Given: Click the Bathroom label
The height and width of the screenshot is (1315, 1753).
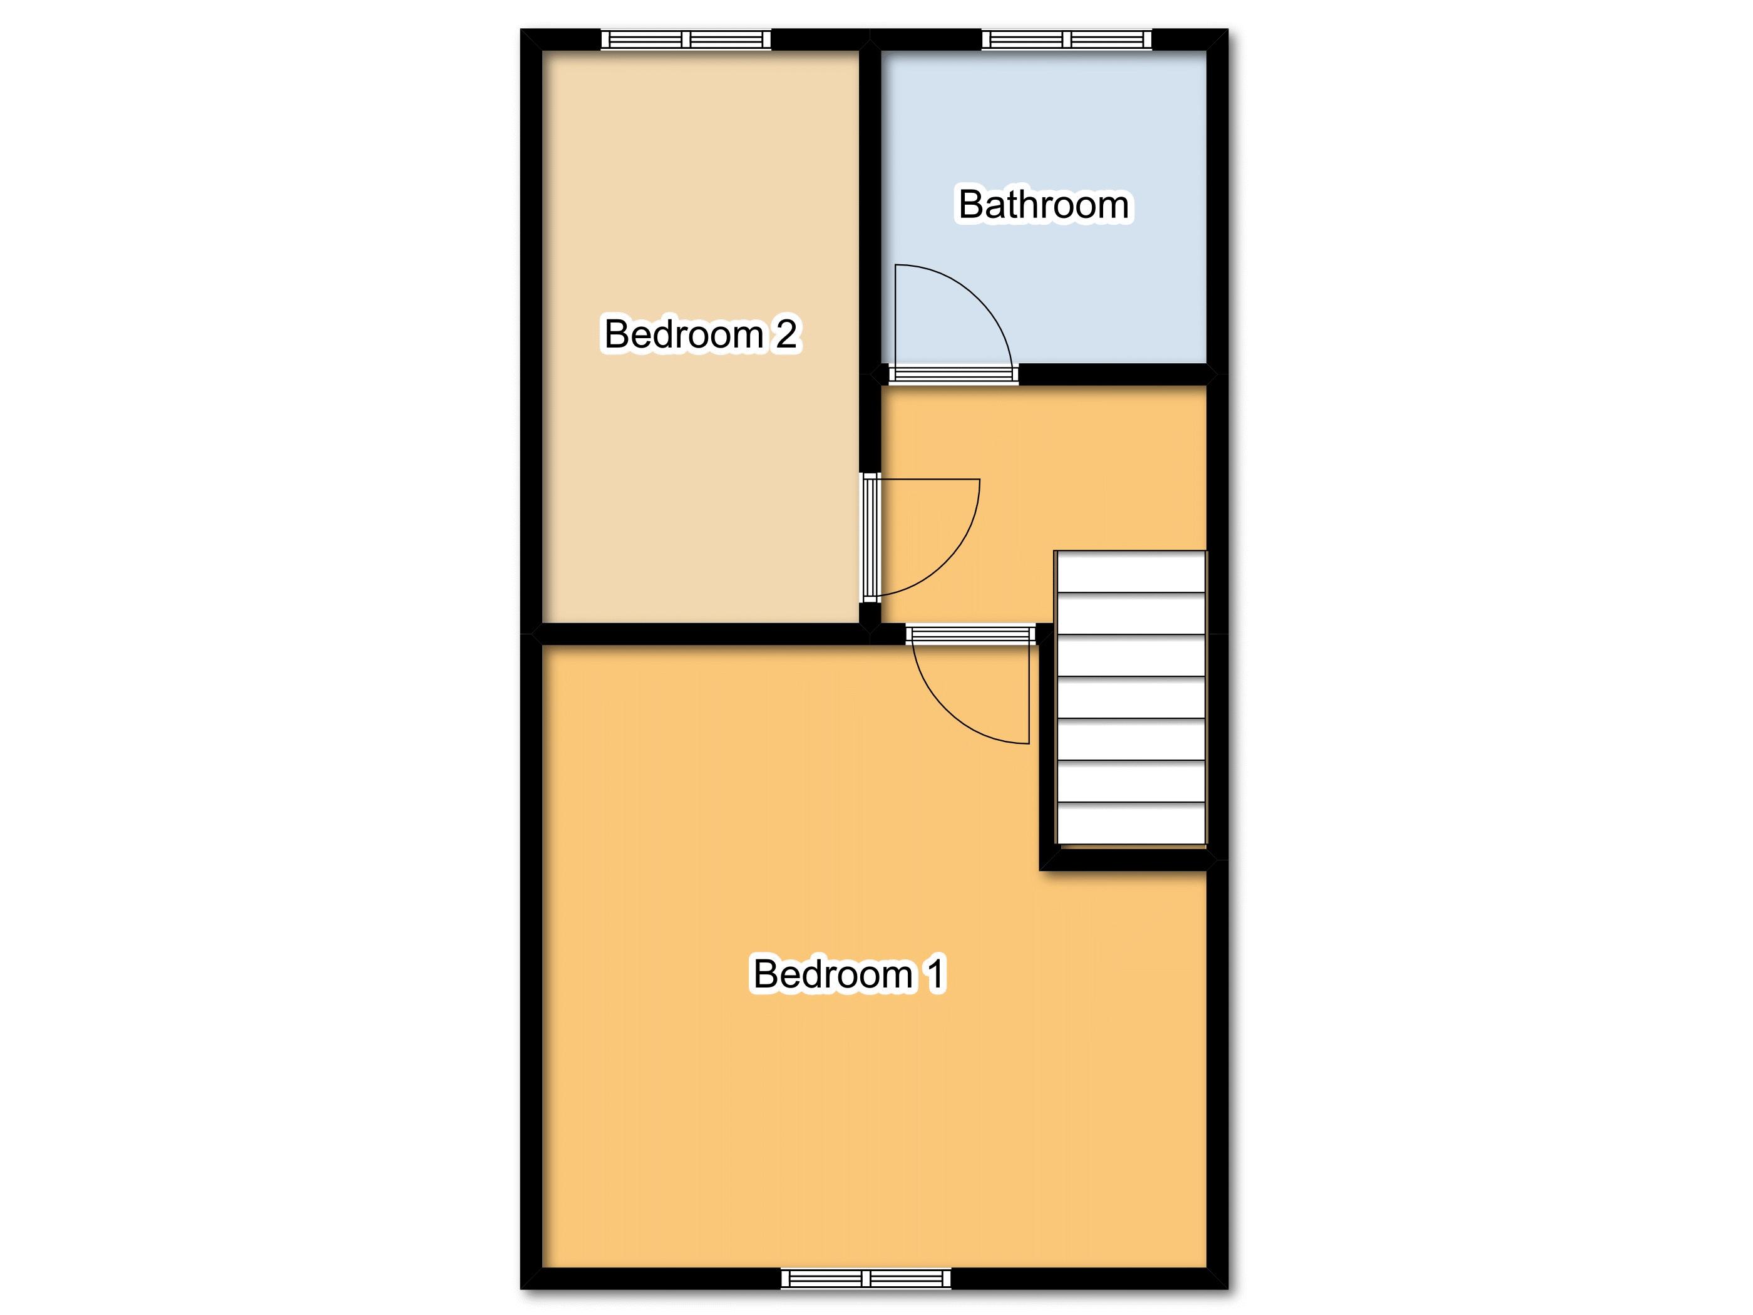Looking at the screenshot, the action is pos(1044,205).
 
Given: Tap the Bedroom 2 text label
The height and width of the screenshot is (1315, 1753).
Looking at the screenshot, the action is pos(701,334).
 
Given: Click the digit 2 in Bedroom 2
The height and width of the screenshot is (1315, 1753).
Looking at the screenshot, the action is pos(786,334).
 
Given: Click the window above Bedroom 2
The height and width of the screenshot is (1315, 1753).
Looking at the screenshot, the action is pos(686,39).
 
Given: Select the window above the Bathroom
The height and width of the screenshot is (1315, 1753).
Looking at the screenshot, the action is pos(1067,39).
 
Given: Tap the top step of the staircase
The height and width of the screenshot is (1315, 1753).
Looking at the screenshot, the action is pos(1131,572).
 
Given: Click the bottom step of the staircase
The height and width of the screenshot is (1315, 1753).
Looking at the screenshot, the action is pos(1131,823).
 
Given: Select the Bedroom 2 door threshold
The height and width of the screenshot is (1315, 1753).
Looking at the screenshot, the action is pos(871,537).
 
